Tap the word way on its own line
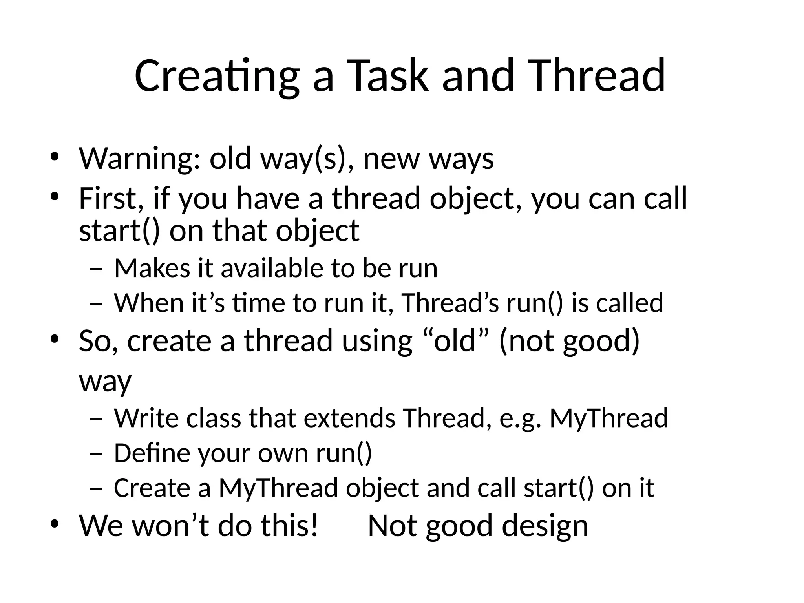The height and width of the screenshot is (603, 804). (105, 381)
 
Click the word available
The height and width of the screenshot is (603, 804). (271, 269)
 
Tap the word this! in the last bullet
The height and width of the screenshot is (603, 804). (289, 526)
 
